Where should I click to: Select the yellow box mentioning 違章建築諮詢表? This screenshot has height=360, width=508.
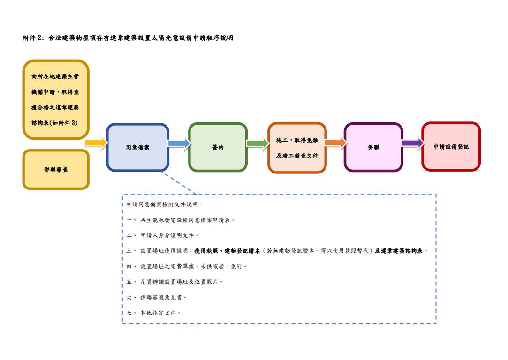point(55,99)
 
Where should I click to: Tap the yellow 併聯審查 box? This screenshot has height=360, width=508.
point(55,169)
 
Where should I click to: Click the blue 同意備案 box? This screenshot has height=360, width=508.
point(137,147)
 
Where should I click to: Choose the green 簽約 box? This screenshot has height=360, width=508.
point(218,147)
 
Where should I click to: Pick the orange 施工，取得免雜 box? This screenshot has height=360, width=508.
point(297,148)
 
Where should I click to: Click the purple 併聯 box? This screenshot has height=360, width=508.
point(373,147)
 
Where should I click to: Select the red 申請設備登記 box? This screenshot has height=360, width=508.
point(451,147)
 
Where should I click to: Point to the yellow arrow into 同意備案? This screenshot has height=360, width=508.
point(96,142)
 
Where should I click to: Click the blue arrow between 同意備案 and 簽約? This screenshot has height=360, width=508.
point(179,143)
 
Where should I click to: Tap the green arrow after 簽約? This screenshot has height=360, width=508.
point(258,143)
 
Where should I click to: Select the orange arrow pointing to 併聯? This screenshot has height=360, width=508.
point(335,142)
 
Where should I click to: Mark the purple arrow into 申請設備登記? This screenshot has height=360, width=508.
point(412,142)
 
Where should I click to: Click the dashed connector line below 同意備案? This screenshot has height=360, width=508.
point(180,183)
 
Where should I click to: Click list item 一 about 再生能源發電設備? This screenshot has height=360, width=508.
point(181,220)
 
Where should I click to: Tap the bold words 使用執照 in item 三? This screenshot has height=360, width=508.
point(206,251)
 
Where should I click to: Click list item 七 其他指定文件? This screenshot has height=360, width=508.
point(154,313)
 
